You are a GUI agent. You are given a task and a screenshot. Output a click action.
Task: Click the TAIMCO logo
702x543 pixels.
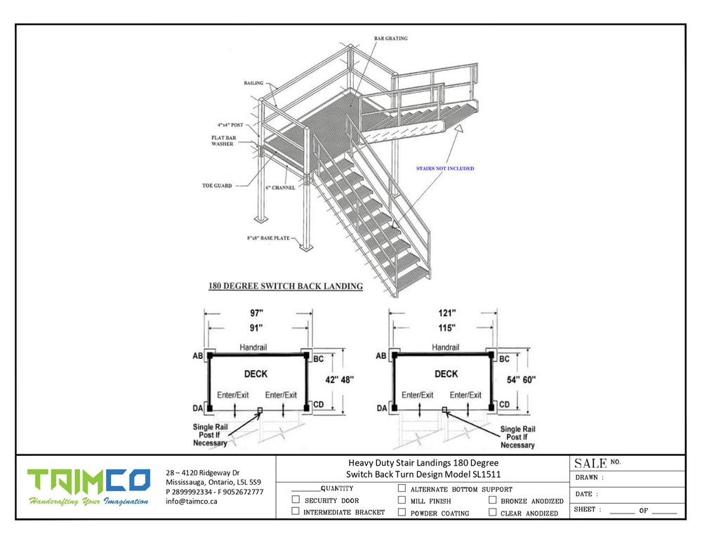click(88, 480)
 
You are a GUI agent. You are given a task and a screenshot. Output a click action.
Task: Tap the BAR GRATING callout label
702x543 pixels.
click(390, 39)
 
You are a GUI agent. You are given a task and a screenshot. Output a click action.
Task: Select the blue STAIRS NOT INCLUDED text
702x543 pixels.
click(444, 169)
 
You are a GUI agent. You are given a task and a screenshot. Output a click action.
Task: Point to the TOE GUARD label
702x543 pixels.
click(218, 186)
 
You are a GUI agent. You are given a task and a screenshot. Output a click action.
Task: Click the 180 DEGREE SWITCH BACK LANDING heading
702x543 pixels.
click(286, 287)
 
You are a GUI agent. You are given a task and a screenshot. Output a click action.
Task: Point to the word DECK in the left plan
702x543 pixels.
click(257, 374)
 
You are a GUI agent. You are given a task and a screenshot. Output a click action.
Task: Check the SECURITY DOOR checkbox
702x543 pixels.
click(296, 500)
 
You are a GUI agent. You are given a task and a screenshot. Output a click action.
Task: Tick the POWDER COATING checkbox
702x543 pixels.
click(402, 512)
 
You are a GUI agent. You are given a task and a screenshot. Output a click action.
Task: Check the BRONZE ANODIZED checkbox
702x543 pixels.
click(493, 500)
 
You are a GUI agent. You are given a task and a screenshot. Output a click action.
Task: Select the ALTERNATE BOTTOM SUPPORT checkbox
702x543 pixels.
click(402, 488)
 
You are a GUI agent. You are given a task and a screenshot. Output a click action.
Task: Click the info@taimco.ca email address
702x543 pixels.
click(192, 502)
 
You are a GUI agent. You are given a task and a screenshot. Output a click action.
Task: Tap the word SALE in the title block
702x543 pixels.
click(590, 464)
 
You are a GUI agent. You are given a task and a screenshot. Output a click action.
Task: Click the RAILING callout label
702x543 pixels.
click(253, 82)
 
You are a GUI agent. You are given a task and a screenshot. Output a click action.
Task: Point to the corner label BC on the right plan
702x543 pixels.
click(504, 358)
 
